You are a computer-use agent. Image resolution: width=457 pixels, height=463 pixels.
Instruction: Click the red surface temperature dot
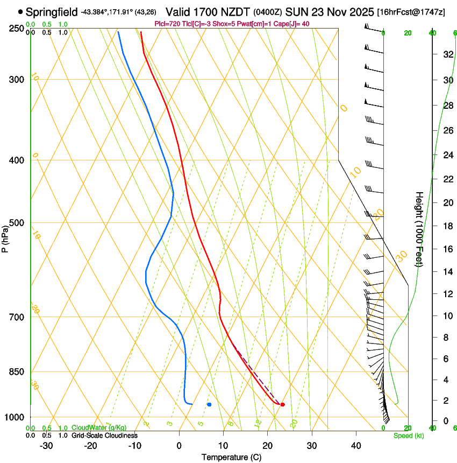[x=282, y=404]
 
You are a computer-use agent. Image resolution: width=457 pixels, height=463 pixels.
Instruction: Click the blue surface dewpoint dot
[x=209, y=404]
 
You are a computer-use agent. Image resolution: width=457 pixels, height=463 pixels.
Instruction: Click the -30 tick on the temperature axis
[x=46, y=446]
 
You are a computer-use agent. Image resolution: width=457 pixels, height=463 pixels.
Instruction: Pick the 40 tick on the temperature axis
[x=356, y=446]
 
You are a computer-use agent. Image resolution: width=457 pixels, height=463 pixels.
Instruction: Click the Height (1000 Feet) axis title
[x=419, y=229]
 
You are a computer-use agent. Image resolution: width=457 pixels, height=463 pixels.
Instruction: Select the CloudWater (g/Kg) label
[x=99, y=428]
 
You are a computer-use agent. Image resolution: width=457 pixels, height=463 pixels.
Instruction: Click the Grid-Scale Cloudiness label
[x=104, y=436]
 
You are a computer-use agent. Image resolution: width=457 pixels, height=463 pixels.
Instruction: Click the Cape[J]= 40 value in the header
[x=292, y=24]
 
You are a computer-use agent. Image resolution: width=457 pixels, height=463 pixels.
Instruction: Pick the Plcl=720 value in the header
[x=166, y=24]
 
